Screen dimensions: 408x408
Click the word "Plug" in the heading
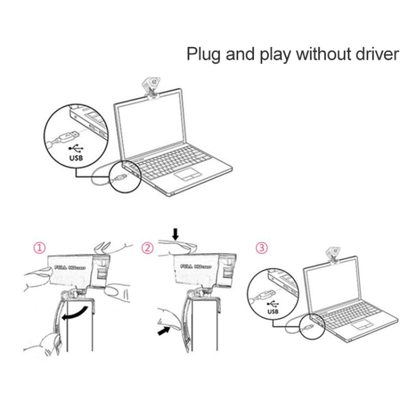tap(203, 55)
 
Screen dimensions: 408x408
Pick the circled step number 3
tap(262, 249)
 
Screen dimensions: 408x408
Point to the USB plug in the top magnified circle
tap(66, 135)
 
